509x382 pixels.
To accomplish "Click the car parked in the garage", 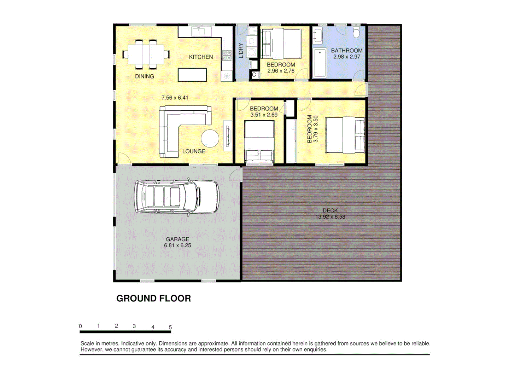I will pyautogui.click(x=176, y=197).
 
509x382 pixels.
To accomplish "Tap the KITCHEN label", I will pyautogui.click(x=201, y=57).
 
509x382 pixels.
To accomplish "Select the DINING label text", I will pyautogui.click(x=144, y=76).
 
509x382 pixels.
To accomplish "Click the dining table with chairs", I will pyautogui.click(x=146, y=54).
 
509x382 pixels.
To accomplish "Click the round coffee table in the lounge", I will pyautogui.click(x=210, y=139).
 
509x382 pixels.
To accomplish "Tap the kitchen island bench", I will pyautogui.click(x=192, y=75).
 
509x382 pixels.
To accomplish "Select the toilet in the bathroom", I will pyautogui.click(x=356, y=31).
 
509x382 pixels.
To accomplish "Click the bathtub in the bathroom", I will pyautogui.click(x=320, y=63).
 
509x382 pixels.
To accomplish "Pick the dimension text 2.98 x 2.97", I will pyautogui.click(x=347, y=57).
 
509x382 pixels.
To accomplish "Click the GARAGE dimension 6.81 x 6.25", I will pyautogui.click(x=177, y=245).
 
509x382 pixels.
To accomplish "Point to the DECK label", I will pyautogui.click(x=330, y=210).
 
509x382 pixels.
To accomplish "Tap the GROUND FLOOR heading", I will pyautogui.click(x=153, y=299).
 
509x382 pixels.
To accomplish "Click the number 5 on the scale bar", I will pyautogui.click(x=170, y=327).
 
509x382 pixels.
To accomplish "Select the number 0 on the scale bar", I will pyautogui.click(x=81, y=326).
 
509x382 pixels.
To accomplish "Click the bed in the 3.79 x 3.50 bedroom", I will pyautogui.click(x=345, y=135).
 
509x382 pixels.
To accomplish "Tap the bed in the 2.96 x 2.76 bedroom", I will pyautogui.click(x=281, y=44).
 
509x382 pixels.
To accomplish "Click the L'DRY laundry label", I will pyautogui.click(x=241, y=50).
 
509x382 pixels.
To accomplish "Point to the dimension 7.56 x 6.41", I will pyautogui.click(x=175, y=98).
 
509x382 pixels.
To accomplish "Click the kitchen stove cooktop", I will pyautogui.click(x=227, y=55).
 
